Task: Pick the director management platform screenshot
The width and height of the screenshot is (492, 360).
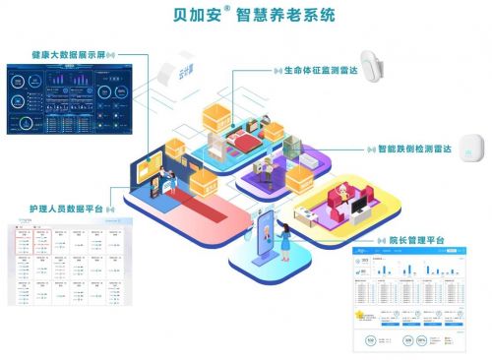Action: pyautogui.click(x=402, y=300)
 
